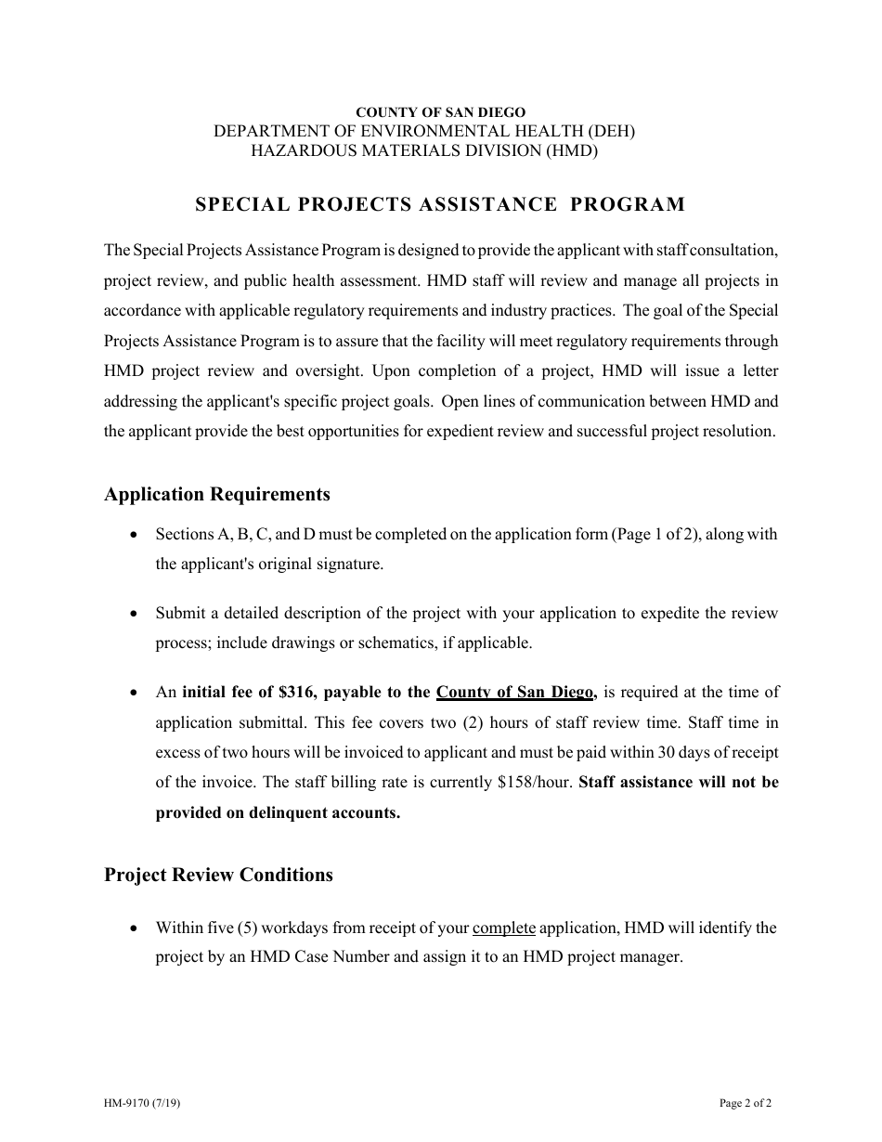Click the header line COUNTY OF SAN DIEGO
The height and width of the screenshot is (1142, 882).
coord(441,112)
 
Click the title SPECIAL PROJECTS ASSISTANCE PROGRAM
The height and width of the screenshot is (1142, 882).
coord(440,204)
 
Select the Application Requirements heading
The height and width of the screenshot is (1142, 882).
coord(216,494)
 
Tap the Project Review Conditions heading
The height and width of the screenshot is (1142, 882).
coord(218,875)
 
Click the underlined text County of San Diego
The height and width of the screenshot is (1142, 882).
coord(515,692)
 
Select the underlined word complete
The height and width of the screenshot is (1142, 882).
coord(503,928)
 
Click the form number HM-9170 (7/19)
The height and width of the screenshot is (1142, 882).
coord(136,1104)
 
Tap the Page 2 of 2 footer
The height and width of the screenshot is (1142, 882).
coord(746,1104)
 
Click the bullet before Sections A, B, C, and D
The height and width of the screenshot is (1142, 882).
coord(136,536)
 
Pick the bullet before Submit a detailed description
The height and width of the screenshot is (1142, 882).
coord(136,615)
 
